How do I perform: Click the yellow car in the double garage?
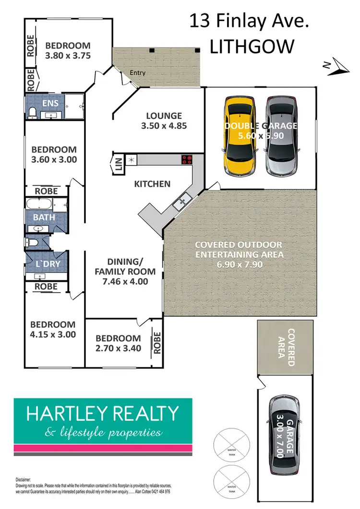pyautogui.click(x=239, y=130)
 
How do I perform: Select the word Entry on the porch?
pyautogui.click(x=137, y=73)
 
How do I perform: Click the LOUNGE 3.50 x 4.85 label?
pyautogui.click(x=164, y=121)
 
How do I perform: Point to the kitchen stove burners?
pyautogui.click(x=186, y=159)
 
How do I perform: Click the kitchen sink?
pyautogui.click(x=181, y=203)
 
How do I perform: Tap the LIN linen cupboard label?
pyautogui.click(x=118, y=165)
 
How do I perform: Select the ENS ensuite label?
pyautogui.click(x=50, y=104)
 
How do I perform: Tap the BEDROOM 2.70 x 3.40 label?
pyautogui.click(x=118, y=343)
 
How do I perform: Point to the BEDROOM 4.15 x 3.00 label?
pyautogui.click(x=52, y=330)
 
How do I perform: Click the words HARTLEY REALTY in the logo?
pyautogui.click(x=102, y=413)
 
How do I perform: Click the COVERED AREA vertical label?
pyautogui.click(x=286, y=347)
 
